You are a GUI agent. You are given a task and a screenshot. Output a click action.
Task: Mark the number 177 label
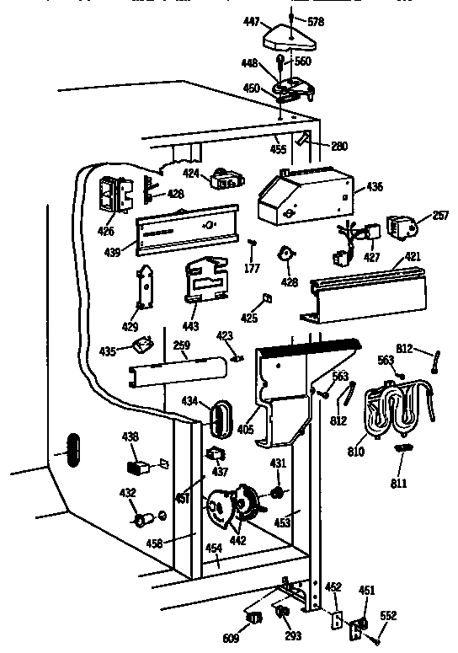coord(251,269)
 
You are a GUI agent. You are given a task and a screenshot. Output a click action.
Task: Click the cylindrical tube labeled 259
coord(178,371)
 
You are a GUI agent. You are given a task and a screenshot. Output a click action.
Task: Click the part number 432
coord(127,491)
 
